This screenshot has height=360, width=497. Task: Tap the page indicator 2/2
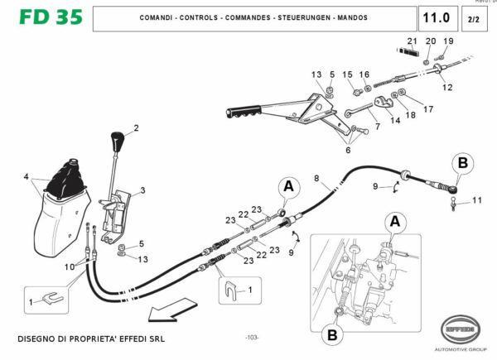pos(473,18)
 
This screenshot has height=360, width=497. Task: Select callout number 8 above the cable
pos(316,178)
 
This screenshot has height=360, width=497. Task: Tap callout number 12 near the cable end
pos(447,86)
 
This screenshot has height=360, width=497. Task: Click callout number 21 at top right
pos(413,41)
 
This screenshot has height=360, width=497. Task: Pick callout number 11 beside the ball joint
pos(475,200)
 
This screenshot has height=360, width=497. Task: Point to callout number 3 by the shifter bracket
pos(142,190)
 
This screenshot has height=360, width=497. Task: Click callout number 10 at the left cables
pos(70,266)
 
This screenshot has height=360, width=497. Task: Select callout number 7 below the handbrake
pos(377,127)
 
